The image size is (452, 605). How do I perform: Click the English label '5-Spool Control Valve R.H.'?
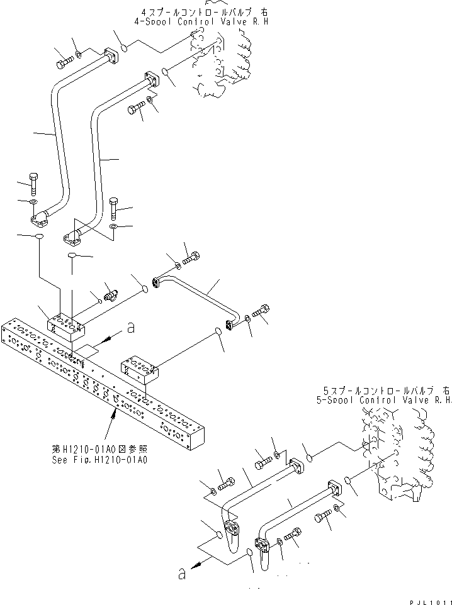385,399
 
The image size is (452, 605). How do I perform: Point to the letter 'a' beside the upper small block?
130,327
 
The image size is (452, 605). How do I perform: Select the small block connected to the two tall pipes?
66,326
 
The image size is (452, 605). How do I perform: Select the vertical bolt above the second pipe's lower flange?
113,207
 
